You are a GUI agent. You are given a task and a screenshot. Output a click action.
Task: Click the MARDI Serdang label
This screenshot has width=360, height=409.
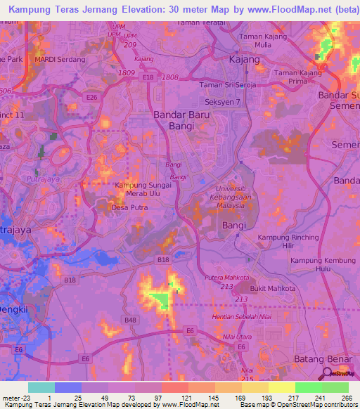pos(59,60)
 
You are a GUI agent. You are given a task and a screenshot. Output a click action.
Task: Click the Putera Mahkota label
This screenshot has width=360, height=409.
pos(226,278)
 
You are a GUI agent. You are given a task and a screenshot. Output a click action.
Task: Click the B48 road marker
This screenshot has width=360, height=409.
pos(131,320)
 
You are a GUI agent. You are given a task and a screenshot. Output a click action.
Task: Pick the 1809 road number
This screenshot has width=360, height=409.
pos(127,72)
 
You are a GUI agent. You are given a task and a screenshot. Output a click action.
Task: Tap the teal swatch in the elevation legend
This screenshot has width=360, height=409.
pos(41,387)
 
